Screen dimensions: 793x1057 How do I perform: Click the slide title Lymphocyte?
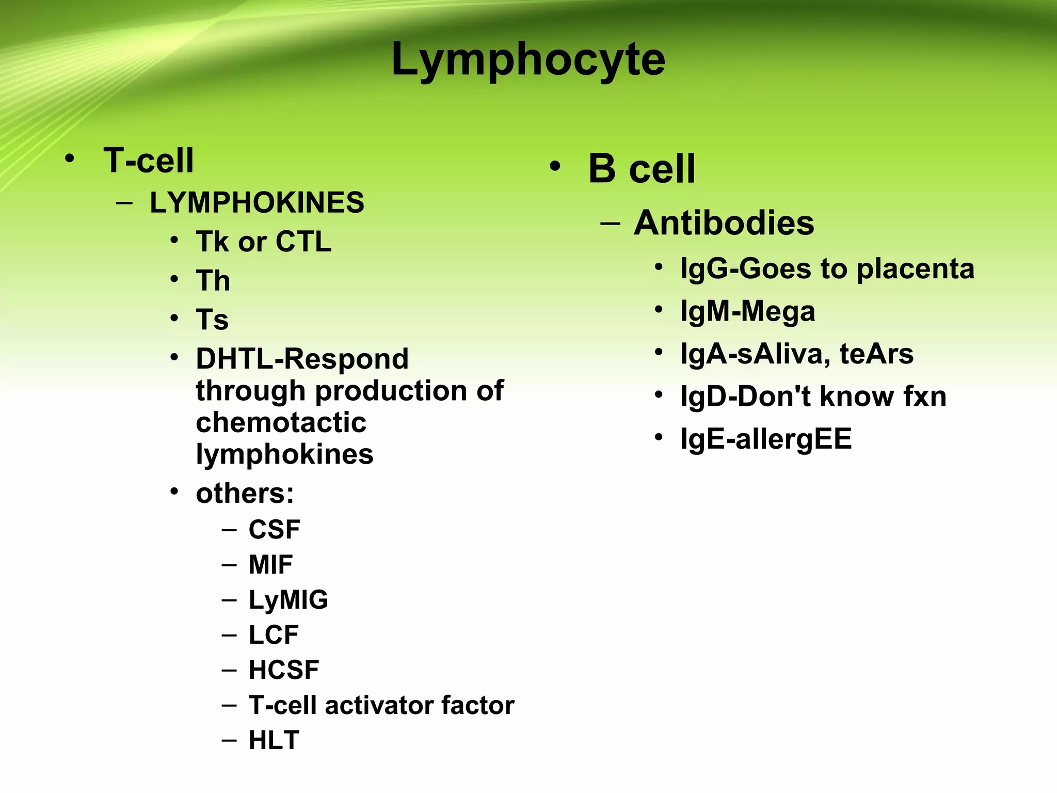(528, 60)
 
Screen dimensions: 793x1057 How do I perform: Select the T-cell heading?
(149, 160)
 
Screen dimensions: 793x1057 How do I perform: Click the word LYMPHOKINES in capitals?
(257, 202)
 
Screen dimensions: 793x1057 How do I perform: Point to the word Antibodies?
(724, 223)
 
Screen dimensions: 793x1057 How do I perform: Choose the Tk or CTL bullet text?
(263, 242)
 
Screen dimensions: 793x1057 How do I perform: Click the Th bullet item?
(213, 281)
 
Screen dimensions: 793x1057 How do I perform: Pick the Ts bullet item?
(212, 320)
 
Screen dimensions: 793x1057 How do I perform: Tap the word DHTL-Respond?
(302, 359)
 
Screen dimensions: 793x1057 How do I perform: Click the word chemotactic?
(281, 423)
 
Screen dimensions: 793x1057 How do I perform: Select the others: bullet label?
(245, 494)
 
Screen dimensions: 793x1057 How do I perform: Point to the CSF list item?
(274, 530)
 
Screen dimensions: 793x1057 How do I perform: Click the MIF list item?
(270, 565)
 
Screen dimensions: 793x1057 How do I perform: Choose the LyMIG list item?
(288, 600)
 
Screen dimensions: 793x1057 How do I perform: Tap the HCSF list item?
(284, 670)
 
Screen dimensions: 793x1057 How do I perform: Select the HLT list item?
(274, 740)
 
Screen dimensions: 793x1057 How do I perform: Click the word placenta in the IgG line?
(916, 269)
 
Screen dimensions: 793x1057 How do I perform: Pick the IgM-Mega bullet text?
(747, 312)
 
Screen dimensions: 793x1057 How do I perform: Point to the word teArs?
(876, 354)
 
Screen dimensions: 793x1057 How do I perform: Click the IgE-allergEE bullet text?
(766, 439)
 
